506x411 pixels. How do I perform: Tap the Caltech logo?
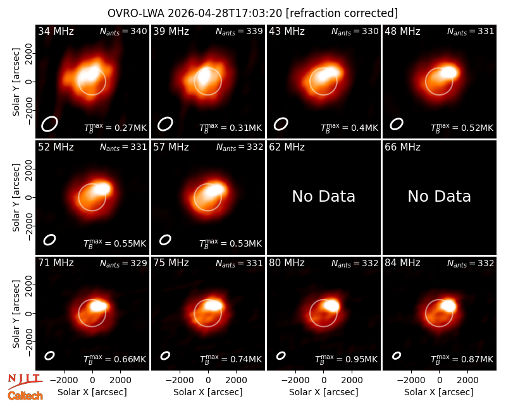point(25,396)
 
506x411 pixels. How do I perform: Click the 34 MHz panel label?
point(56,31)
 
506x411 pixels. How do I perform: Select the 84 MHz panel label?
point(402,263)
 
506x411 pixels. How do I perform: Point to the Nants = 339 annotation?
point(239,31)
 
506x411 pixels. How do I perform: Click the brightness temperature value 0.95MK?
point(346,359)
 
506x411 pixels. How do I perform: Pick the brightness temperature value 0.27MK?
point(115,128)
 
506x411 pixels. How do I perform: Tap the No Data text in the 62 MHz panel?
point(324,197)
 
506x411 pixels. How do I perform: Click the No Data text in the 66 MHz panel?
point(439,197)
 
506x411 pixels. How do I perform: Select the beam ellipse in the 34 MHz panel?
point(49,124)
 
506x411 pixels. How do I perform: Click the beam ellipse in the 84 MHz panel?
point(397,355)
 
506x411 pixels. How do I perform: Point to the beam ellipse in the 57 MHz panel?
point(165,240)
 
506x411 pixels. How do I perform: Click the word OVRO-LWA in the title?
point(136,13)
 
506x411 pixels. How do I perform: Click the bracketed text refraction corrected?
point(342,13)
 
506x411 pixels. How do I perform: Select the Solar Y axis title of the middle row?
point(16,197)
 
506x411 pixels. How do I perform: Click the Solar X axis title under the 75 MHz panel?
point(208,392)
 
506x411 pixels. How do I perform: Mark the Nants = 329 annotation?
point(123,263)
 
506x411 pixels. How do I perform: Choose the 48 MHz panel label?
point(402,31)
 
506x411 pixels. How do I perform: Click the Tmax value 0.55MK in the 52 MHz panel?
point(115,243)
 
